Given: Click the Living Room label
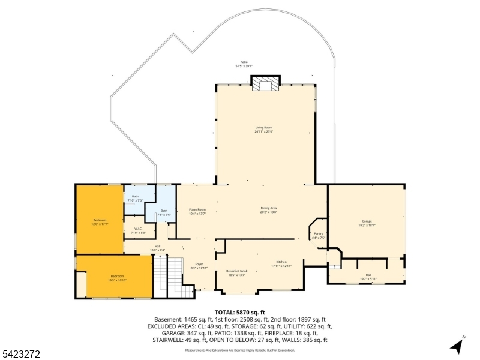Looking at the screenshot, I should coord(263,129).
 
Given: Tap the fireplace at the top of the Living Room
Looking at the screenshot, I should coord(265,84).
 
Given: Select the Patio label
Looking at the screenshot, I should coord(244,64).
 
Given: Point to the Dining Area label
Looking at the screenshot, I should coord(268,209).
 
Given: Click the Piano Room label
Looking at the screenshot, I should coord(197,211).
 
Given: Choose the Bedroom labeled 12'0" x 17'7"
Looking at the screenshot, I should coord(99,222).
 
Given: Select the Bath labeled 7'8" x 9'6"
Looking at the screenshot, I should coord(164,212).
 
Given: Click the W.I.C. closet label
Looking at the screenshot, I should coord(138,231).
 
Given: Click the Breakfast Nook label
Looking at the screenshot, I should coord(236,273).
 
